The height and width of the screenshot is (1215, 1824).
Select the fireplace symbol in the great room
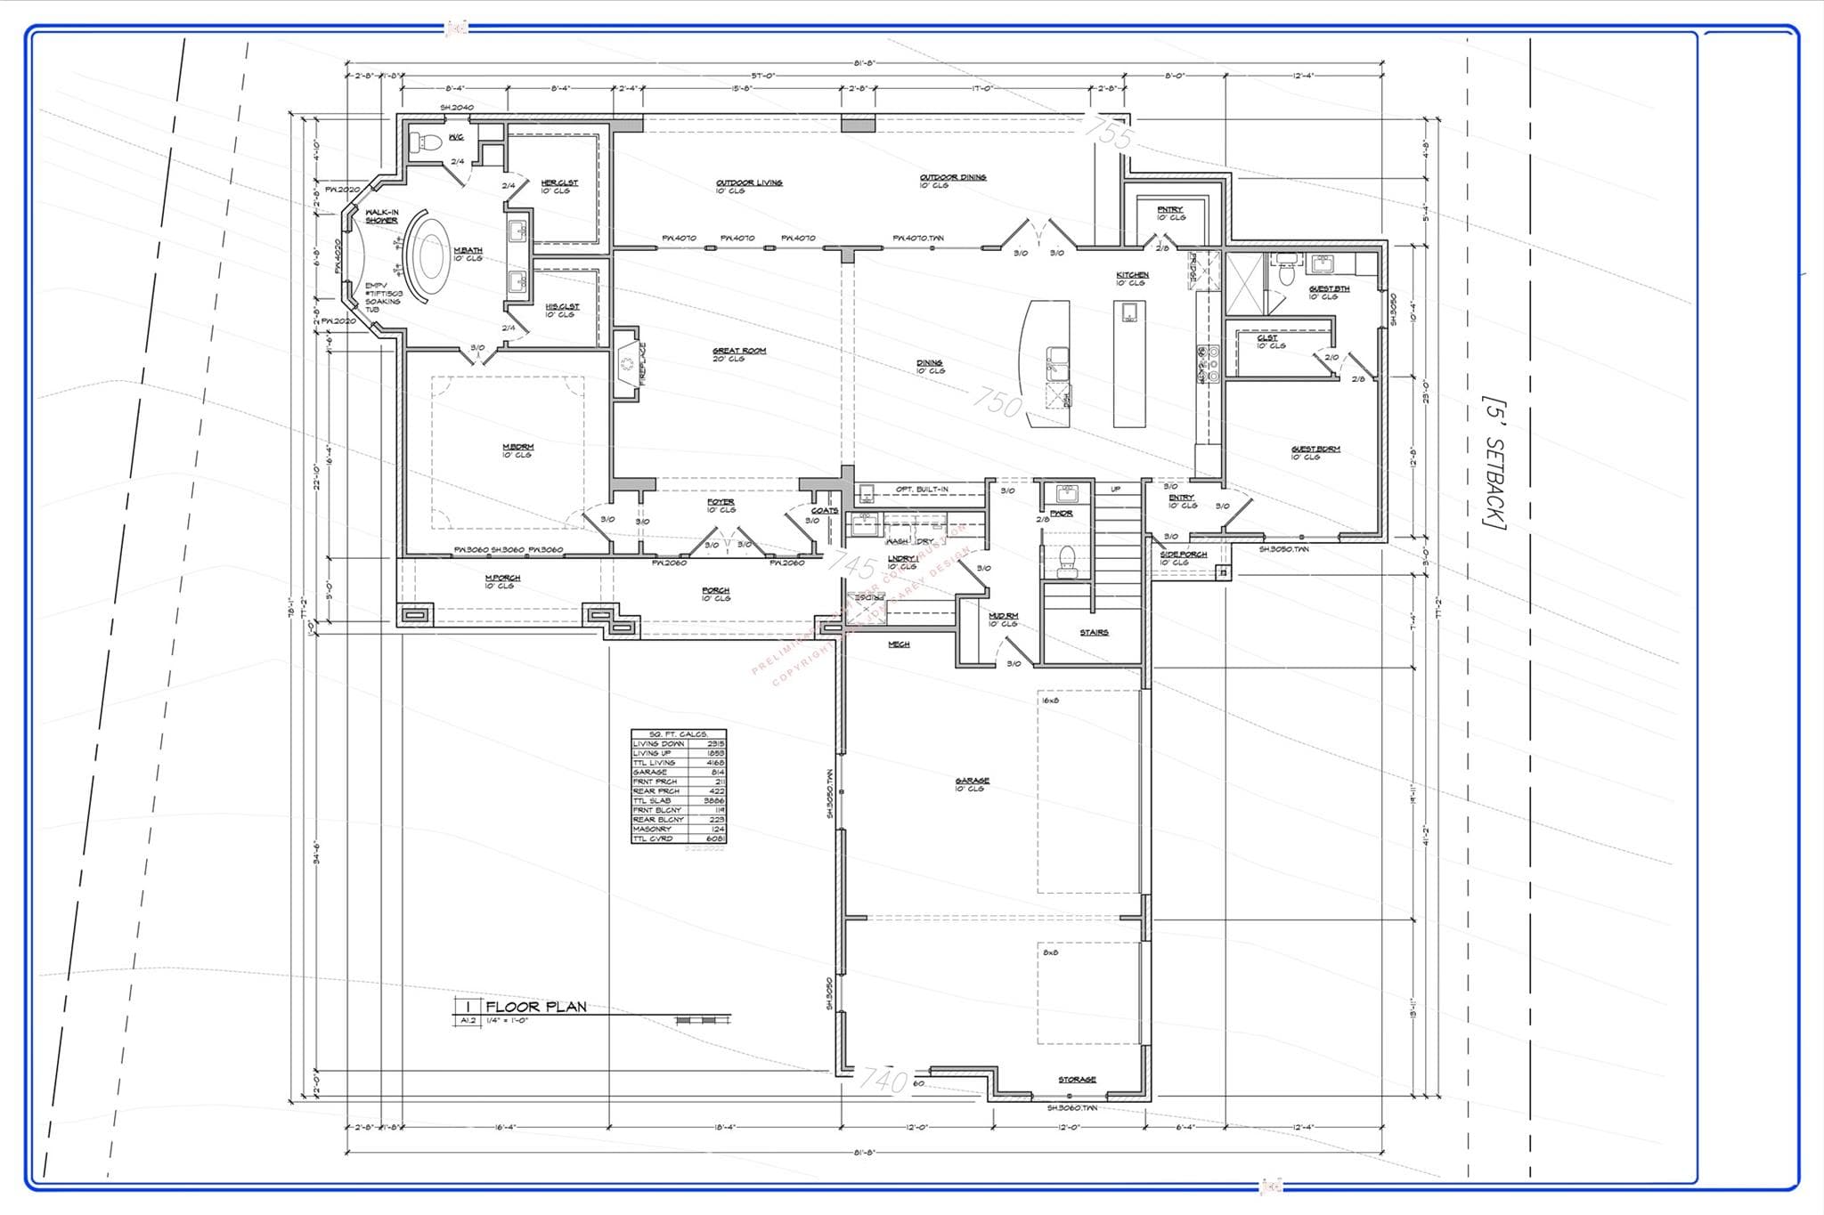(628, 364)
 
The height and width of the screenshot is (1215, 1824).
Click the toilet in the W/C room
(426, 142)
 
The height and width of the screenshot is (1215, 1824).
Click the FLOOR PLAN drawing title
(536, 1007)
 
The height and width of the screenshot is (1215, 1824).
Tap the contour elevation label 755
(1110, 134)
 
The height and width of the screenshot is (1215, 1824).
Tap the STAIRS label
(1094, 632)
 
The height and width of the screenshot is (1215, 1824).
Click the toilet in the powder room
(1065, 559)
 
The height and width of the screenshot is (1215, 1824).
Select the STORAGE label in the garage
(1077, 1080)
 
